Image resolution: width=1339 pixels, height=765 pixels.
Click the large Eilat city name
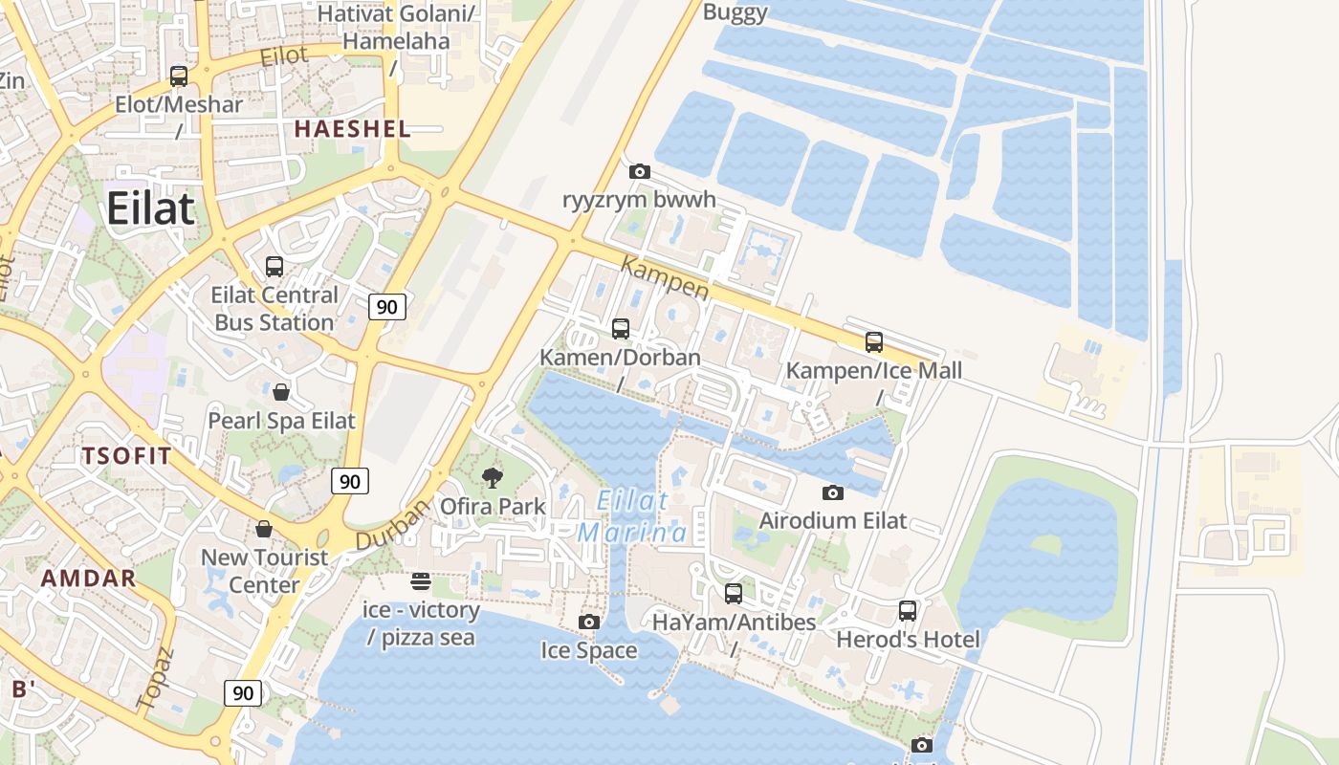click(151, 208)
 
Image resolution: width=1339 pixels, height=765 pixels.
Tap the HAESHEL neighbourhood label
click(352, 129)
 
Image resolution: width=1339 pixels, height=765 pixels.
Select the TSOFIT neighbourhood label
click(126, 455)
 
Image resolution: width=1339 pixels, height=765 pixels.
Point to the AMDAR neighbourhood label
click(89, 578)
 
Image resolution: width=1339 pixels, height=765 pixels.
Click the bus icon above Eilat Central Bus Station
click(274, 267)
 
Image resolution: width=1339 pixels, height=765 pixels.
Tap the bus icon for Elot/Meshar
click(179, 76)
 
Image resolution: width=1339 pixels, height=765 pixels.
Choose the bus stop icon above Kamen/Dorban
click(621, 329)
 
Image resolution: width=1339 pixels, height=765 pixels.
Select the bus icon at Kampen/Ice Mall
click(873, 341)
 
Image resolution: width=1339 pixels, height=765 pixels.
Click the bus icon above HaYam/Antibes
click(734, 594)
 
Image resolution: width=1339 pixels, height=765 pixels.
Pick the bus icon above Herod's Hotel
click(908, 610)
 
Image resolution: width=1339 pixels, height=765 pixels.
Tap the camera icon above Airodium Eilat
click(833, 492)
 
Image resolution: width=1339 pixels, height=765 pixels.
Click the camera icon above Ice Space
click(589, 622)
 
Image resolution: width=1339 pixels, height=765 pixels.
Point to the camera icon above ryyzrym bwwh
click(640, 172)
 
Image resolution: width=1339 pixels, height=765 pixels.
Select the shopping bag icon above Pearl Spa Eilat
click(281, 392)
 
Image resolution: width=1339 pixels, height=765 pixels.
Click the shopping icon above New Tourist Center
click(264, 529)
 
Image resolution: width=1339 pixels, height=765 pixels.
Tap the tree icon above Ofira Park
click(493, 477)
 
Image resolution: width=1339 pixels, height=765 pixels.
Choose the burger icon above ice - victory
click(421, 580)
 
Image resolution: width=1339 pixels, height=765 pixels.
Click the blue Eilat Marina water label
click(632, 516)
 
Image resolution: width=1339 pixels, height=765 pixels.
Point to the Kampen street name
click(665, 277)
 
